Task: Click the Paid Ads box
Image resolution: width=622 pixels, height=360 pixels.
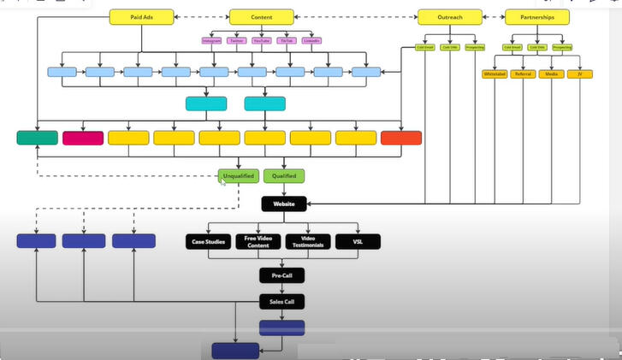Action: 142,16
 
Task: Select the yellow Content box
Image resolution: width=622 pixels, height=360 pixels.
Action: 262,16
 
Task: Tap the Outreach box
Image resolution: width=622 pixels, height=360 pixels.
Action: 449,16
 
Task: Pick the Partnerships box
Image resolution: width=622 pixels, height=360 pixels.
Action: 537,16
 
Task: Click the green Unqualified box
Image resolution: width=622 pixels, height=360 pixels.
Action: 238,176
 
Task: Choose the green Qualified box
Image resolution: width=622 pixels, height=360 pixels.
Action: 283,176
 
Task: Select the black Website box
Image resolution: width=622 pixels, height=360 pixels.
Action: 283,204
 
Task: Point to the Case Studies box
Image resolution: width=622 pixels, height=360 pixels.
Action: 207,242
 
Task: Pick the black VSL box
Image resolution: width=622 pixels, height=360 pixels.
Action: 358,242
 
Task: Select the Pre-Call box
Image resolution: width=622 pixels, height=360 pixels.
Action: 283,275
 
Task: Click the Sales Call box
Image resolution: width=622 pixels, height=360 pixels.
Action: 283,301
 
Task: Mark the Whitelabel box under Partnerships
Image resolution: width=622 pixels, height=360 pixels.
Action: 495,74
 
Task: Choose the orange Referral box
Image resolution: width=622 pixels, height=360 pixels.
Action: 524,74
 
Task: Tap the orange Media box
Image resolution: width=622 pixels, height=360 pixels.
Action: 552,74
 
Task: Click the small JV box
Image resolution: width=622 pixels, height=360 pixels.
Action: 580,74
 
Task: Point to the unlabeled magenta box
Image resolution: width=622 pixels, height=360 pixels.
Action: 83,138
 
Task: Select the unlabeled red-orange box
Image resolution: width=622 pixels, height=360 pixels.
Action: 401,138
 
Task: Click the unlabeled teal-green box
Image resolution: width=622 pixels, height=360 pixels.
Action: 38,138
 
